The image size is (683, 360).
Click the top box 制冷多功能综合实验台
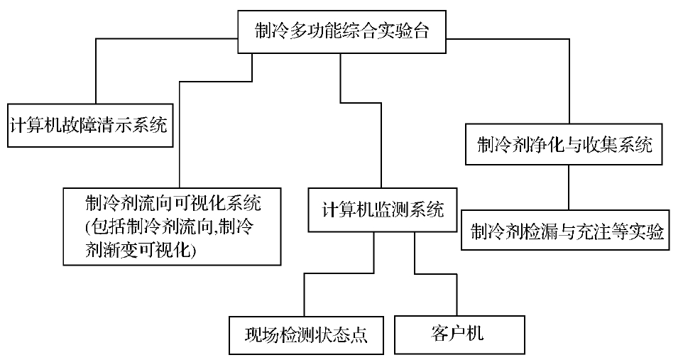click(x=341, y=31)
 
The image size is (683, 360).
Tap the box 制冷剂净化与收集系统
click(x=564, y=146)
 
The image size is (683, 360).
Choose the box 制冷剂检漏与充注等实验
click(x=565, y=229)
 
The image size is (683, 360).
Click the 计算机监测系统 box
click(x=382, y=210)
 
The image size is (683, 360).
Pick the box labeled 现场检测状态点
click(x=306, y=334)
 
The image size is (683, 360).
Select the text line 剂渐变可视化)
click(x=139, y=251)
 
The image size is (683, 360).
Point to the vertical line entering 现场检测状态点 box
click(x=304, y=295)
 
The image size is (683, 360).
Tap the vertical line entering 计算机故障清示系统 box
click(x=95, y=71)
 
